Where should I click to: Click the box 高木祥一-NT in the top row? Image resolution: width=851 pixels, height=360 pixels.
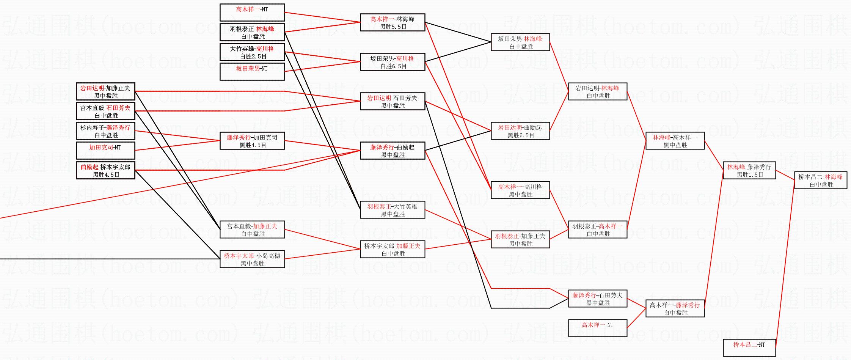[x=252, y=13]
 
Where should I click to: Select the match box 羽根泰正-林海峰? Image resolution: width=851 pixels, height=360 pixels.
[x=252, y=32]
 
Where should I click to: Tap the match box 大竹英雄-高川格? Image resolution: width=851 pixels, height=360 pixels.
[x=252, y=52]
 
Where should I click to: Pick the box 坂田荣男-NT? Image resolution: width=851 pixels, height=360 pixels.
[x=252, y=72]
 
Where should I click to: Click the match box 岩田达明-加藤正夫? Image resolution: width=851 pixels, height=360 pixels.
[x=105, y=91]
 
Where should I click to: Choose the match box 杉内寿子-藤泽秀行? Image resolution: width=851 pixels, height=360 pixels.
[x=105, y=131]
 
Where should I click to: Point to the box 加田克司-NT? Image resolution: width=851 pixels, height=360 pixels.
[x=105, y=151]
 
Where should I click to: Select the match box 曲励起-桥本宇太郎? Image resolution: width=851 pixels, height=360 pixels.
[x=105, y=170]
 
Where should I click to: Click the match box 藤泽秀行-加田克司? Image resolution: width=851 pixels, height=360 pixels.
[x=252, y=141]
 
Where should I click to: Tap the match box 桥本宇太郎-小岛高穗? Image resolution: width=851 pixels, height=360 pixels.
[x=252, y=259]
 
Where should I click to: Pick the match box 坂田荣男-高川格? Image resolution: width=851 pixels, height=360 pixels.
[x=392, y=62]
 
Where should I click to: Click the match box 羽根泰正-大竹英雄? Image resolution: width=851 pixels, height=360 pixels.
[x=392, y=210]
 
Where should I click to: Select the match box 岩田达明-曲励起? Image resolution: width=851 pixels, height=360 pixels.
[x=520, y=131]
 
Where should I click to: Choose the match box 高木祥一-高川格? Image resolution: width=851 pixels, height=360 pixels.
[x=520, y=190]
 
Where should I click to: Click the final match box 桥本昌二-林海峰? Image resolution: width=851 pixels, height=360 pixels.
[x=820, y=180]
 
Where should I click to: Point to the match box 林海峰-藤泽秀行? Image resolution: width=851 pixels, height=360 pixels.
[x=749, y=170]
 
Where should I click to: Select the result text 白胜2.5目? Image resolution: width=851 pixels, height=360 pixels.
[x=253, y=57]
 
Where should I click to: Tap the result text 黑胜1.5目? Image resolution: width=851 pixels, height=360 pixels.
[x=750, y=175]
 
